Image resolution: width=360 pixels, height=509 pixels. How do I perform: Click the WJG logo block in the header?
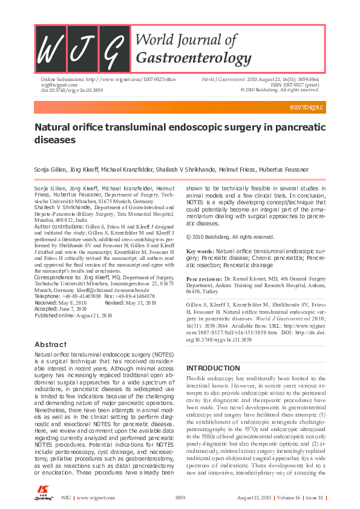click(x=83, y=49)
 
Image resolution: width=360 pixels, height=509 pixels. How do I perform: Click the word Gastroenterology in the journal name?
click(x=194, y=58)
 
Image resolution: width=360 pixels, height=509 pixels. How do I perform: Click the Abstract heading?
click(x=51, y=344)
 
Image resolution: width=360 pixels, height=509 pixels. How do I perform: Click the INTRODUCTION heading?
click(x=212, y=368)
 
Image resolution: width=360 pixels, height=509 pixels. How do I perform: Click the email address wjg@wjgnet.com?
click(x=56, y=85)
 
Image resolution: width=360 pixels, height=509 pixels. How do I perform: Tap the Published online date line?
click(x=73, y=315)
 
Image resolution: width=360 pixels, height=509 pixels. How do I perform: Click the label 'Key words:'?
click(x=200, y=250)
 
